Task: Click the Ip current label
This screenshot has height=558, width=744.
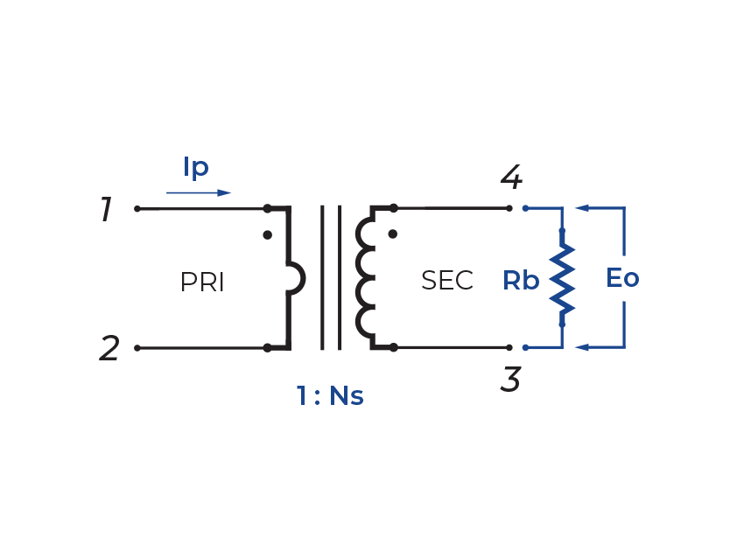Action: [196, 166]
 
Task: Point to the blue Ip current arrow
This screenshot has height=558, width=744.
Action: [199, 192]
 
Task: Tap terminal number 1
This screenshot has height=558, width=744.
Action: [106, 210]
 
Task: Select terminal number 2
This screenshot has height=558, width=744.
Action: [109, 349]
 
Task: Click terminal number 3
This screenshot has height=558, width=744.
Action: [511, 380]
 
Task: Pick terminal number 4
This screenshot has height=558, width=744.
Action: [511, 178]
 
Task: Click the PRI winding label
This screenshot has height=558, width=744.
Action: [202, 282]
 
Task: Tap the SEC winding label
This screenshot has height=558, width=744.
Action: [446, 281]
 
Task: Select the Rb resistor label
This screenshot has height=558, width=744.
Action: [521, 281]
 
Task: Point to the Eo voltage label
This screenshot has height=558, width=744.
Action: [622, 278]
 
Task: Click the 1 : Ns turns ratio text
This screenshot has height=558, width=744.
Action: [329, 396]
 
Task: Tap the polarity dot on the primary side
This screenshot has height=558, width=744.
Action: [268, 235]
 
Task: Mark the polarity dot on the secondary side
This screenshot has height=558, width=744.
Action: [392, 234]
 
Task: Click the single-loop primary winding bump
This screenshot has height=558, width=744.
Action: [297, 279]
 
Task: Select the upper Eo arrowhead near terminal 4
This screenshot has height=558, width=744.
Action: [581, 209]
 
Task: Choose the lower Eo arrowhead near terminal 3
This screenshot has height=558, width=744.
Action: [581, 347]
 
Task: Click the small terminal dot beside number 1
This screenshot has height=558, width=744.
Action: [137, 209]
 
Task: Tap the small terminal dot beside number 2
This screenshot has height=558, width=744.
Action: [137, 347]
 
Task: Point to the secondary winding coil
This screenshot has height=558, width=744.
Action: [364, 278]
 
